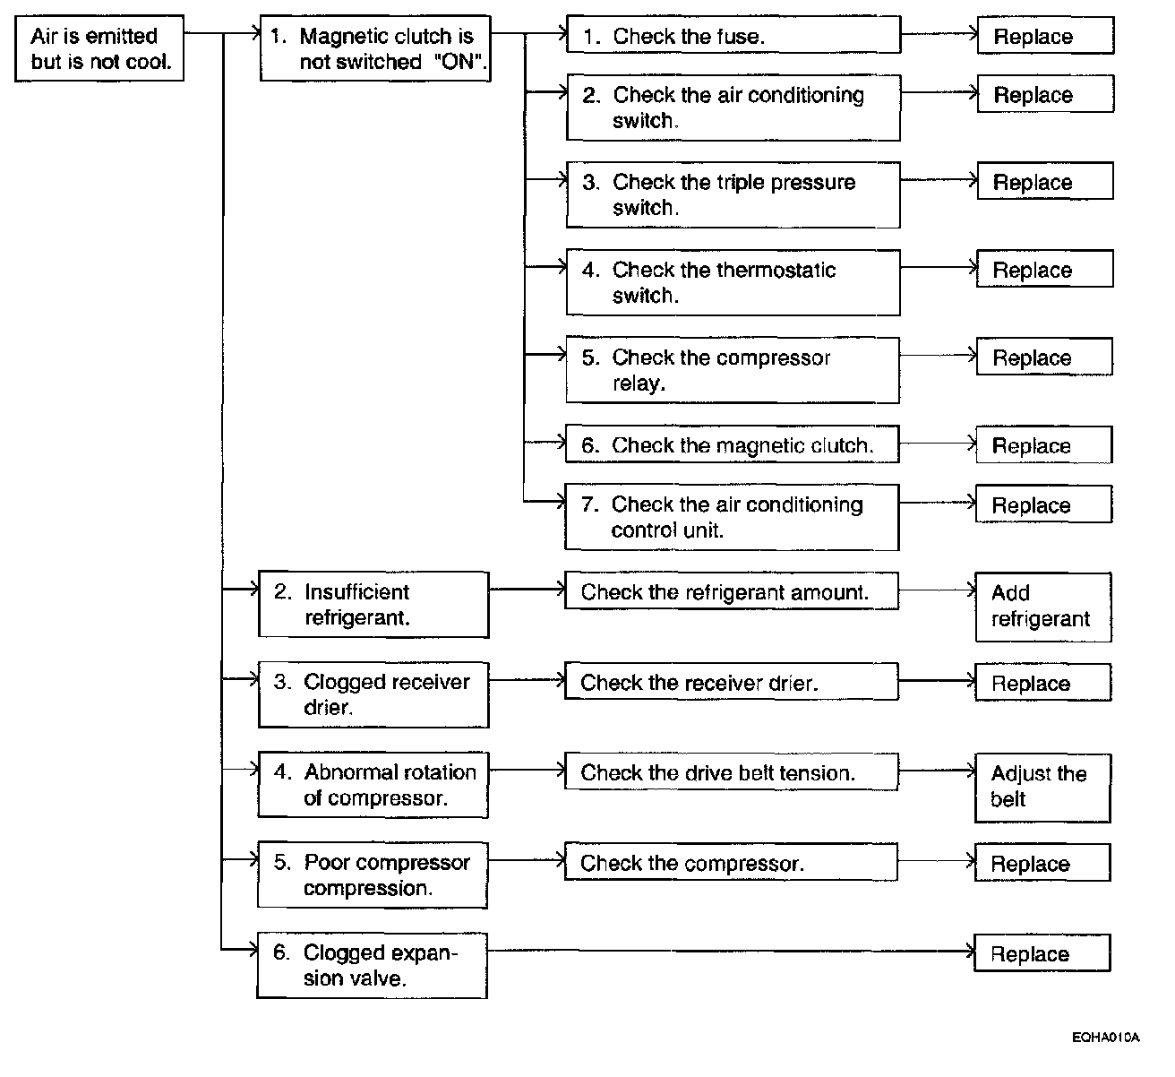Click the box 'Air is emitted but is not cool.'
tap(99, 48)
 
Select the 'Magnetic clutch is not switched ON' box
tap(375, 48)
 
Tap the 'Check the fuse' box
tap(733, 36)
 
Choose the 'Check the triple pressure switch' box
tap(733, 194)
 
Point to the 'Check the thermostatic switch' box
tap(733, 282)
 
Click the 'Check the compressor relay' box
tap(733, 370)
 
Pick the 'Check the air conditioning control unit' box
tap(731, 517)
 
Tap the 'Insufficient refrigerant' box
tap(373, 605)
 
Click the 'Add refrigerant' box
tap(1042, 607)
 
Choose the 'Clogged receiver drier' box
tap(373, 694)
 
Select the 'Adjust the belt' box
tap(1042, 787)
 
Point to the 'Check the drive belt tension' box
tap(730, 772)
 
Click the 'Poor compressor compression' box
tap(373, 875)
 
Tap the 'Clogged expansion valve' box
tap(372, 965)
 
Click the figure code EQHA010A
tap(1105, 1038)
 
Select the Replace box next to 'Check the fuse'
tap(1045, 37)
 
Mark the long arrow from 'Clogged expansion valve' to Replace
tap(730, 951)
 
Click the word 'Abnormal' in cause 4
tap(344, 772)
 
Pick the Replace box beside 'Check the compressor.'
tap(1042, 863)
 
